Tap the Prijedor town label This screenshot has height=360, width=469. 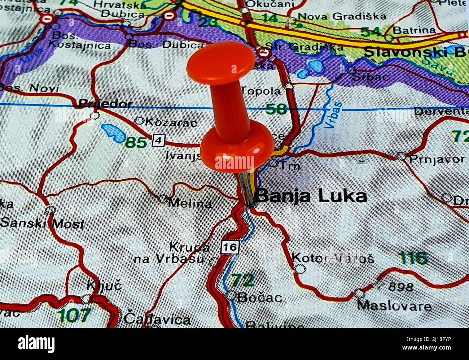pyautogui.click(x=105, y=104)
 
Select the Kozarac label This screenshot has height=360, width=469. pyautogui.click(x=170, y=122)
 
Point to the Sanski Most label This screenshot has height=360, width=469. pyautogui.click(x=42, y=223)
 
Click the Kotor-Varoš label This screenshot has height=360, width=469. pyautogui.click(x=333, y=258)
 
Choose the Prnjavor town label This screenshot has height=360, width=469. pyautogui.click(x=437, y=159)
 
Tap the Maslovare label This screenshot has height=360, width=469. pyautogui.click(x=394, y=306)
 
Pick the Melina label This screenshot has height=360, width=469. pyautogui.click(x=190, y=203)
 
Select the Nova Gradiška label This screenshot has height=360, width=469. pyautogui.click(x=342, y=16)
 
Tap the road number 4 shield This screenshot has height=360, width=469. pyautogui.click(x=158, y=140)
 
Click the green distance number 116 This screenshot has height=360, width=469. pyautogui.click(x=413, y=258)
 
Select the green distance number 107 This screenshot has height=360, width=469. pyautogui.click(x=74, y=315)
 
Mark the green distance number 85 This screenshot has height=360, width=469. pyautogui.click(x=136, y=143)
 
